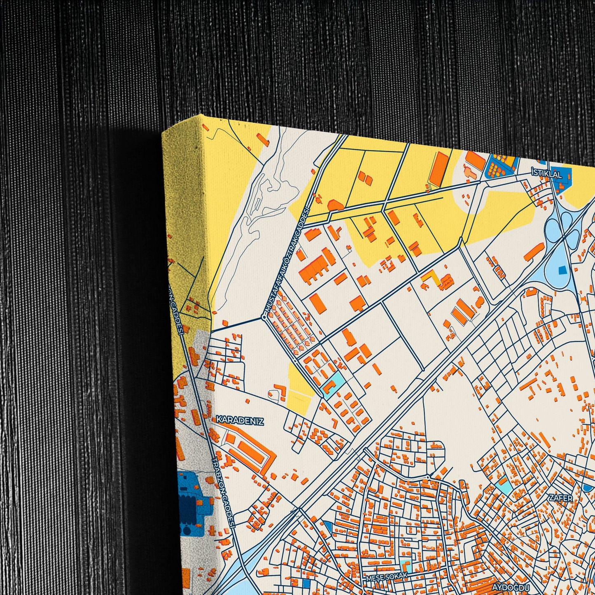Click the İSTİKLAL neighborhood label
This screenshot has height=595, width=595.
click(546, 175)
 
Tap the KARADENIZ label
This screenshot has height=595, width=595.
click(240, 420)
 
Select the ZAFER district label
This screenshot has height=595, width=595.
click(560, 498)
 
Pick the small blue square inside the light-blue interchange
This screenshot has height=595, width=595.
click(562, 270)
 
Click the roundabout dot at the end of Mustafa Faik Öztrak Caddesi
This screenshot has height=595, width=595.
click(264, 317)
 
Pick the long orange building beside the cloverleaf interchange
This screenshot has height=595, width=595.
click(534, 251)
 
